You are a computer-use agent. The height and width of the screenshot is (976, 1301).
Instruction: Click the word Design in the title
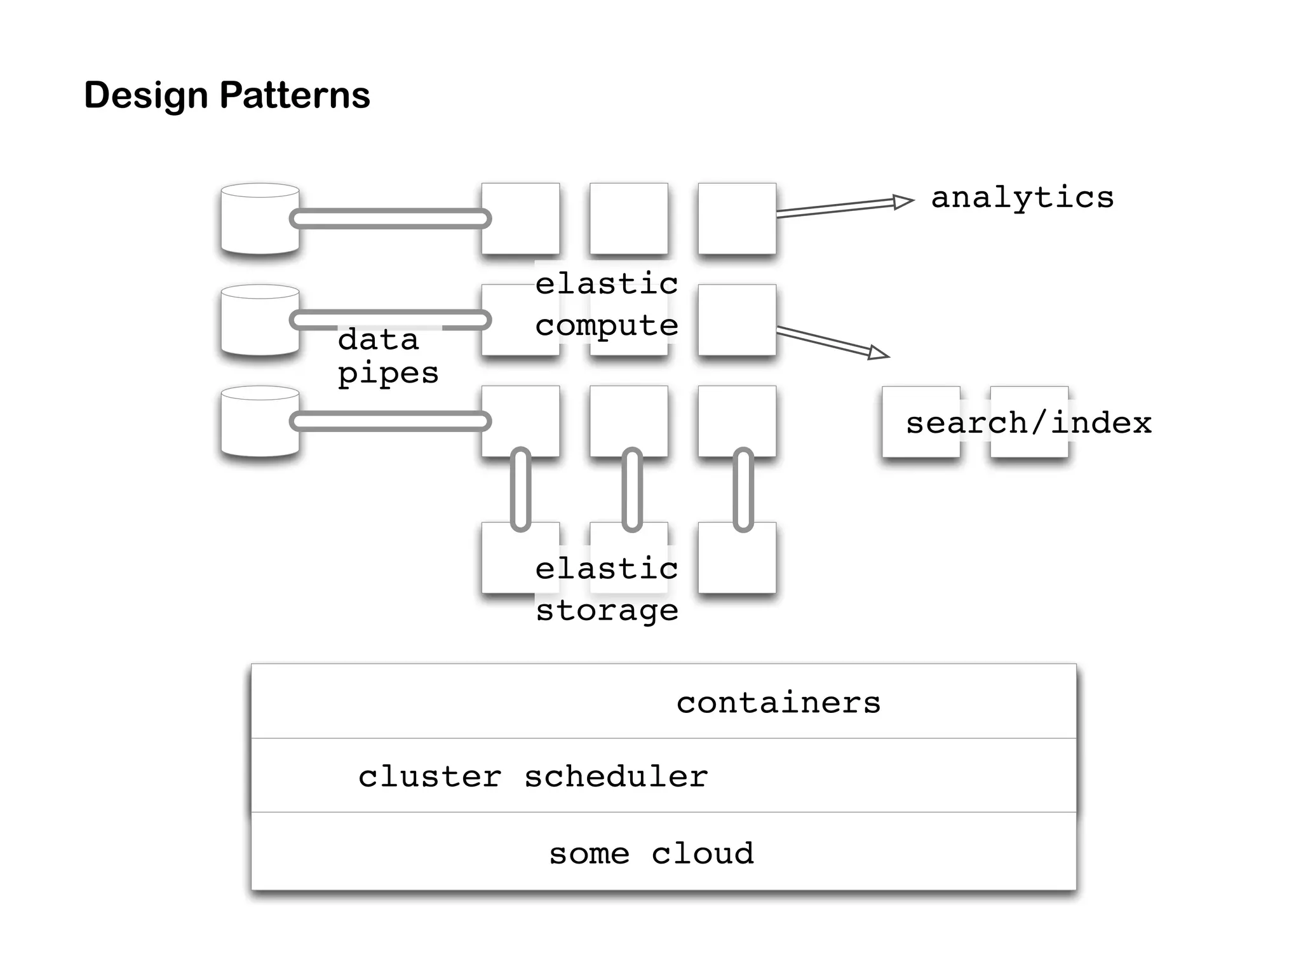[x=146, y=95]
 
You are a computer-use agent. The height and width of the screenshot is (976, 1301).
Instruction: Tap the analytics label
[x=1022, y=198]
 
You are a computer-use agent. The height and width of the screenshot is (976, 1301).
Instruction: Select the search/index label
[x=1028, y=423]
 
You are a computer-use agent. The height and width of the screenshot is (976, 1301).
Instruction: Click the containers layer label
[x=778, y=703]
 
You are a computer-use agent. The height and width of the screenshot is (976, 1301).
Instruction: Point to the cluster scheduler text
[x=532, y=776]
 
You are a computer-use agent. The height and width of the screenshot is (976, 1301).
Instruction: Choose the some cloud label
[x=651, y=853]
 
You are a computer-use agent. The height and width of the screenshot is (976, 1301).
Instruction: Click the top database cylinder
[x=260, y=219]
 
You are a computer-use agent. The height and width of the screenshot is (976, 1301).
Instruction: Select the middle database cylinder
[x=260, y=320]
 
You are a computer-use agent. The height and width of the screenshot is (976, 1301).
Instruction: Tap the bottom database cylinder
[x=260, y=422]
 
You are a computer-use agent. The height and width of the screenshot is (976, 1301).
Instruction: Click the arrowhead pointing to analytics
[x=902, y=202]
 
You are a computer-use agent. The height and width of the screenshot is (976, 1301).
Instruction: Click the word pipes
[x=388, y=373]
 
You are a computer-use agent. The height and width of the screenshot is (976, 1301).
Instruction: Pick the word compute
[x=607, y=326]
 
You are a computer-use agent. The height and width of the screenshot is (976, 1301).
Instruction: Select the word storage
[x=607, y=611]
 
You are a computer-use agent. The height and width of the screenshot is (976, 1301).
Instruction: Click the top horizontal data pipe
[x=390, y=219]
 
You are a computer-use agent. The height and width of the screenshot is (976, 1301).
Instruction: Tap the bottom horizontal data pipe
[x=390, y=421]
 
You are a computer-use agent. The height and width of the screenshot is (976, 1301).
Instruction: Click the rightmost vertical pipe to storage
[x=743, y=489]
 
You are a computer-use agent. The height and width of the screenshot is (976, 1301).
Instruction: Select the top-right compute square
[x=737, y=219]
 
